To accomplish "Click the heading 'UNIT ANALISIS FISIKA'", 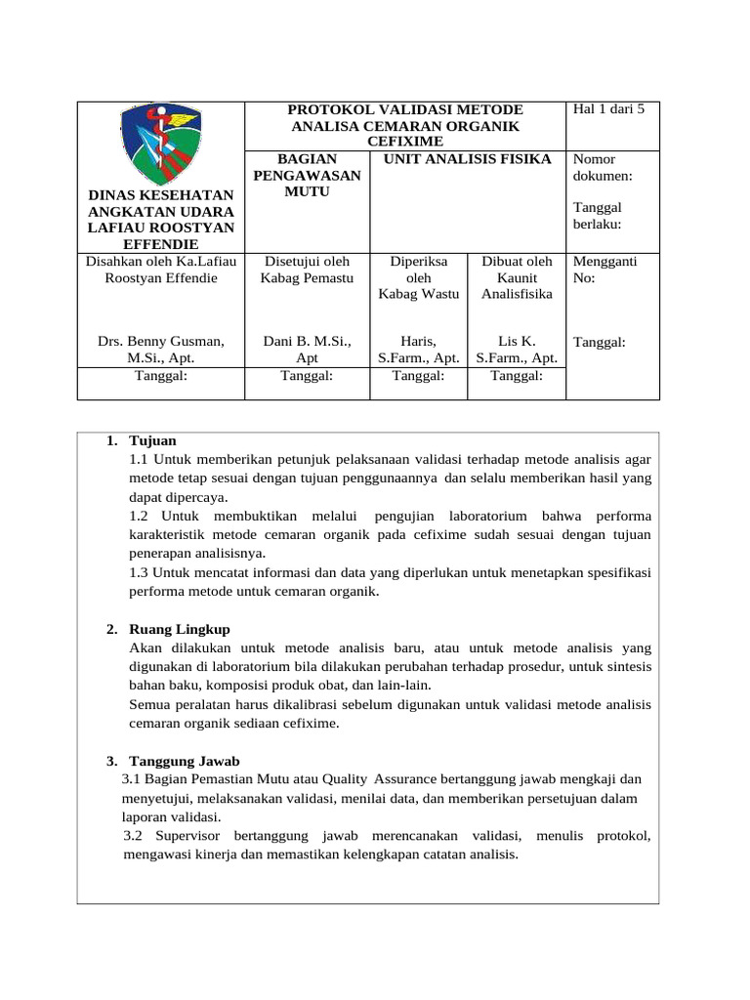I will [x=467, y=159].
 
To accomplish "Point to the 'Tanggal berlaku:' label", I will [x=598, y=216].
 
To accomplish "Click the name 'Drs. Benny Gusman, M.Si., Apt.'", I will [x=161, y=350].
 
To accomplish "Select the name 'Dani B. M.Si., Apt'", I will [x=307, y=350].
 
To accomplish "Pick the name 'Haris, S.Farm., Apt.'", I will [x=418, y=350].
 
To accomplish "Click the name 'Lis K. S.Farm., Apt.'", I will [x=517, y=350].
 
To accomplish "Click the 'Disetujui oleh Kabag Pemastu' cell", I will [x=307, y=270].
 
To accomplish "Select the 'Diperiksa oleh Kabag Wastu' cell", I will [x=418, y=277].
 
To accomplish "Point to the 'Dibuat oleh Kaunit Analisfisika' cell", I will [x=517, y=277].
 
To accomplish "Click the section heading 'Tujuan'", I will [x=152, y=441].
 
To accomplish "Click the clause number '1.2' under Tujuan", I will [x=141, y=516].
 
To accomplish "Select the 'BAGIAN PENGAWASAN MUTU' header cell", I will [x=307, y=175].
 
